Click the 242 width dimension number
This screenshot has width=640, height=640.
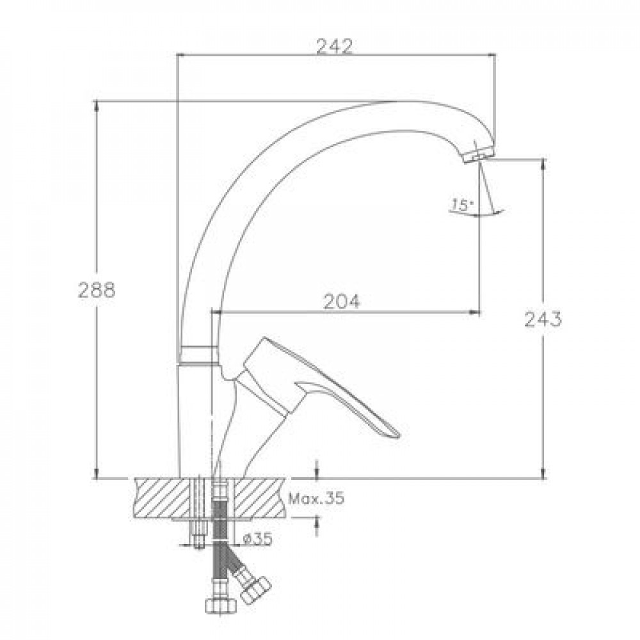click(334, 47)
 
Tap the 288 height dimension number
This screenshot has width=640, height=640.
click(97, 290)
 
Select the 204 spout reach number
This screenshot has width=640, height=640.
click(342, 301)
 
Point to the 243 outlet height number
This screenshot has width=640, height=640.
click(543, 319)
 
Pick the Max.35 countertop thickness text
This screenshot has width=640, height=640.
click(316, 498)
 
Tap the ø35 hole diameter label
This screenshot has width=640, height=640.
click(257, 540)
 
